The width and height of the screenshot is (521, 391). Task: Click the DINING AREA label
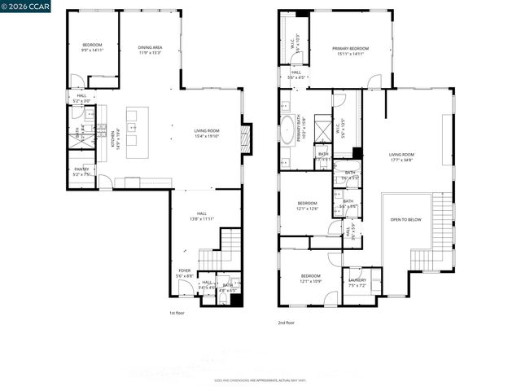click(x=149, y=47)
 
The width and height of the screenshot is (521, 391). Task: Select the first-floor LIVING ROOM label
click(x=206, y=130)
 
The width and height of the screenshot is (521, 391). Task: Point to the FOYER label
click(x=185, y=270)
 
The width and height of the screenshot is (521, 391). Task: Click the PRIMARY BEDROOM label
click(x=350, y=49)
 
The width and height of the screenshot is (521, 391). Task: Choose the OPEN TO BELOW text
click(x=406, y=219)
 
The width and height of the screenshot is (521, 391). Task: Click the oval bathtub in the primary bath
click(x=288, y=130)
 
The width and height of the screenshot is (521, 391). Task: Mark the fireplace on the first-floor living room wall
click(x=247, y=138)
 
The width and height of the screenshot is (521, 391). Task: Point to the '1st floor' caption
click(x=177, y=312)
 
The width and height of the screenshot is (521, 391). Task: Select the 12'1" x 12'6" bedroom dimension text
click(x=307, y=208)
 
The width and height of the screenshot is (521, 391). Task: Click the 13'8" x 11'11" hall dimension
click(x=201, y=218)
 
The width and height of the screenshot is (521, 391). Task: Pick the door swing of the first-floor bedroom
click(x=77, y=81)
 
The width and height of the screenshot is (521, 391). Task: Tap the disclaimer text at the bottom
click(x=260, y=380)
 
